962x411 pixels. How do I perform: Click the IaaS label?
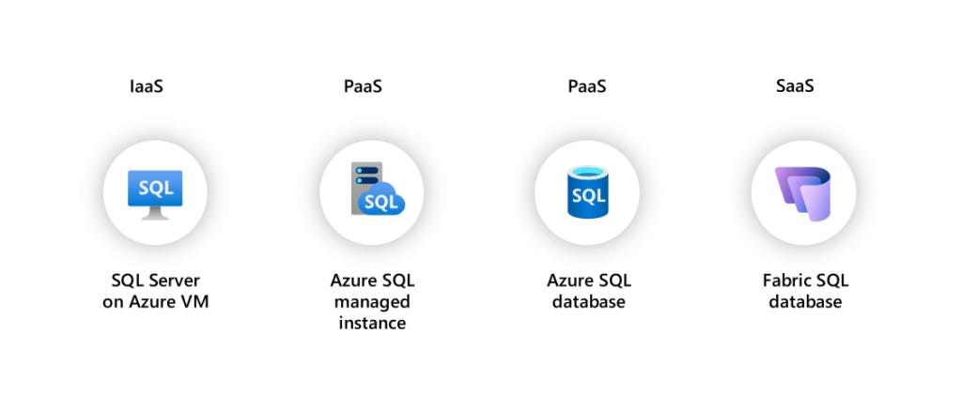(148, 87)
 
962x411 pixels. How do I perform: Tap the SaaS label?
(795, 87)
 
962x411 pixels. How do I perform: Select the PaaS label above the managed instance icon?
(363, 87)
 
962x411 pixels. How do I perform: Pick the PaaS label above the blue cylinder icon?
(587, 87)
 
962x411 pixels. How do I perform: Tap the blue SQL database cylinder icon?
(588, 193)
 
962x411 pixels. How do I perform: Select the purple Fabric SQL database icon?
(803, 193)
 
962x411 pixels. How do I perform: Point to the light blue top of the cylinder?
(588, 172)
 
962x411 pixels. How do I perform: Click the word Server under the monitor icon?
(175, 282)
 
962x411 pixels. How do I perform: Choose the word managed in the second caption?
(373, 302)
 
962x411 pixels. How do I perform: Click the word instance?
(373, 323)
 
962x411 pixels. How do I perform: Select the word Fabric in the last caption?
(786, 282)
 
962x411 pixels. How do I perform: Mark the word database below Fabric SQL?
(805, 302)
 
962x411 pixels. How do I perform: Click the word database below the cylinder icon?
(589, 302)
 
